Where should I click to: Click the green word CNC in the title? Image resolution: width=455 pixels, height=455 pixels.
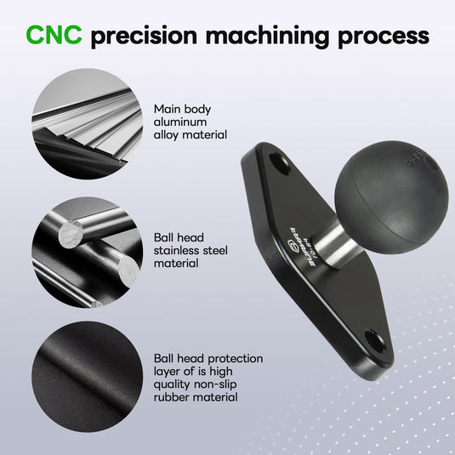54,35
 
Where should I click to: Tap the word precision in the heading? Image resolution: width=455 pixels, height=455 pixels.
144,37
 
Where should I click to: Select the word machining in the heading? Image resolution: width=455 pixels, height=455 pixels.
267,37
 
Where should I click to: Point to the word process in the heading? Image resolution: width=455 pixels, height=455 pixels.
384,37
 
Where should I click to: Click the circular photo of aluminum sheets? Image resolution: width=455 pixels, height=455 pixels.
87,123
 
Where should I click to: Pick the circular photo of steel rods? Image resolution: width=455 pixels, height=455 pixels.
87,252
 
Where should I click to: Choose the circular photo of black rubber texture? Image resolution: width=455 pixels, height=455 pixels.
87,377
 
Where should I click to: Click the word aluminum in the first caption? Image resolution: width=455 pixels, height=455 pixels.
180,122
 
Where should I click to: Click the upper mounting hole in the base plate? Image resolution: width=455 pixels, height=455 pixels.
280,164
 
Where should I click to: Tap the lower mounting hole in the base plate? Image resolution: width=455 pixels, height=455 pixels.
375,341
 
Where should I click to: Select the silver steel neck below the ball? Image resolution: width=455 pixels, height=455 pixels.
334,244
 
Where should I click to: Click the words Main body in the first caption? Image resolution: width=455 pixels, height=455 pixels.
182,110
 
